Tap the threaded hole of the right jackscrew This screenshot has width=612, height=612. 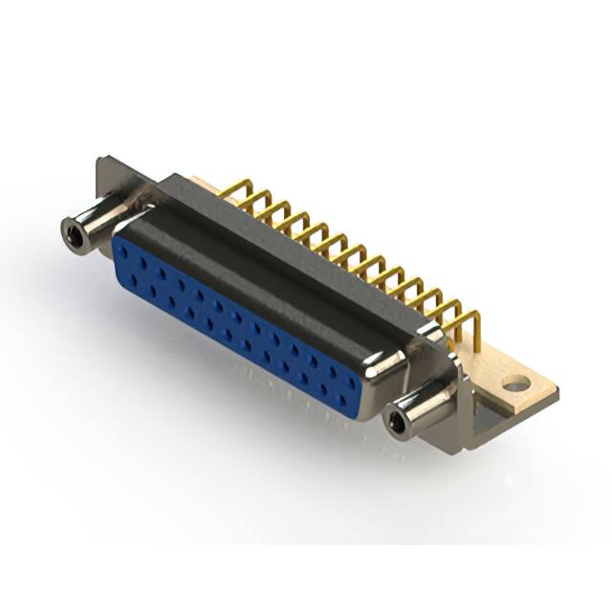(x=396, y=421)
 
